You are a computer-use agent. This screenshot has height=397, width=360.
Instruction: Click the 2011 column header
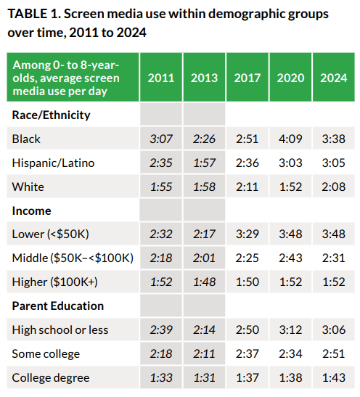161,78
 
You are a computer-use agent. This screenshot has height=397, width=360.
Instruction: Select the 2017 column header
247,78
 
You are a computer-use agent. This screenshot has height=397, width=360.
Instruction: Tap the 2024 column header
333,78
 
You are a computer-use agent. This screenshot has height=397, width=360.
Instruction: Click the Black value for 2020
290,139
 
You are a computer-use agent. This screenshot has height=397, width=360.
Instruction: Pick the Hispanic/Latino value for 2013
204,163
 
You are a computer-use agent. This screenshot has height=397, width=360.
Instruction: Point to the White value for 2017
247,187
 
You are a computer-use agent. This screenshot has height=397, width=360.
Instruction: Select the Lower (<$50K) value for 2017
247,234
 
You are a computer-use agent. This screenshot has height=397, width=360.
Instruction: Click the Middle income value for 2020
290,258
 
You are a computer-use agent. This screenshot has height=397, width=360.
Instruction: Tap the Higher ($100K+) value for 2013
204,282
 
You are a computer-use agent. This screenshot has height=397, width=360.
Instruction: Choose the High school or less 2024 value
333,330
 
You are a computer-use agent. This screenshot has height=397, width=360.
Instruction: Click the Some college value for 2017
247,353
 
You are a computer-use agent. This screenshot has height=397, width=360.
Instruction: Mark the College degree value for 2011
161,377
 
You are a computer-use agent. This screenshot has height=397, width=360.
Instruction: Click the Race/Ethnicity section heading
51,115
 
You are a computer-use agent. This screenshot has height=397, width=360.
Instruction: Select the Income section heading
32,210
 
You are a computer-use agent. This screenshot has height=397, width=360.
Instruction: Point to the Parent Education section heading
58,306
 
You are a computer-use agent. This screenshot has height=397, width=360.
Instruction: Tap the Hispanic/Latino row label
53,163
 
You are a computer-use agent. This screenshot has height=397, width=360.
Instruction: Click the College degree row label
51,378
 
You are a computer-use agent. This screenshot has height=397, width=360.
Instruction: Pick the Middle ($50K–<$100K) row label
73,258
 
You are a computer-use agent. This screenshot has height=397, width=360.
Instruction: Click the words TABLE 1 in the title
34,14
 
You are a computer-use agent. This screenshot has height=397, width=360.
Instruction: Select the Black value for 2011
161,139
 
